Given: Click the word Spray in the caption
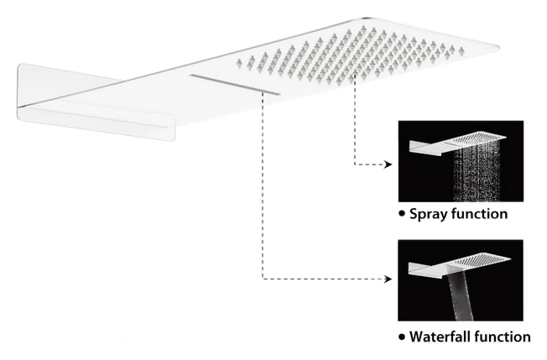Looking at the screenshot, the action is pyautogui.click(x=427, y=214).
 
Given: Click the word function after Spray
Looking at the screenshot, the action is pyautogui.click(x=478, y=213).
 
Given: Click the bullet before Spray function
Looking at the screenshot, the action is pyautogui.click(x=402, y=213).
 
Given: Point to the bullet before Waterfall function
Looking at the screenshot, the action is pyautogui.click(x=402, y=337).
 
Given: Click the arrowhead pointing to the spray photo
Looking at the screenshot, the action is pyautogui.click(x=388, y=164).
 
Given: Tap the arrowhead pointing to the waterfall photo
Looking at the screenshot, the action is pyautogui.click(x=388, y=279).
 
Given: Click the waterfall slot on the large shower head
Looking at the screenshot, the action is pyautogui.click(x=235, y=84).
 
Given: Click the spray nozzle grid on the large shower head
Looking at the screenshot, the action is pyautogui.click(x=350, y=56).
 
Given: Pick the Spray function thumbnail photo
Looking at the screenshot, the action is pyautogui.click(x=461, y=161).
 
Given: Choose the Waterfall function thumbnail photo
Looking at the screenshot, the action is pyautogui.click(x=461, y=280).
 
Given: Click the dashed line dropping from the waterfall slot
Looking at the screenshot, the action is pyautogui.click(x=263, y=185).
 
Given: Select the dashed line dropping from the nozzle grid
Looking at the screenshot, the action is pyautogui.click(x=354, y=120).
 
